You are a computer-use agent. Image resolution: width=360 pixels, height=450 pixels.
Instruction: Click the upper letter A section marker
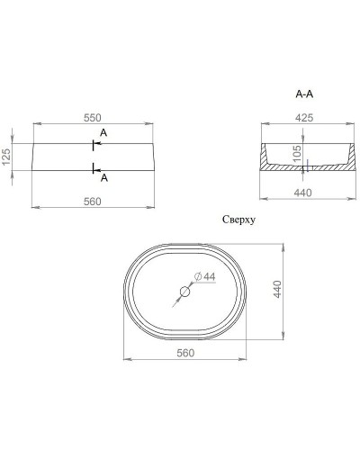click(104, 133)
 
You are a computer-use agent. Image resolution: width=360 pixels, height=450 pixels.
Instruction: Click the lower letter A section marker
click(104, 177)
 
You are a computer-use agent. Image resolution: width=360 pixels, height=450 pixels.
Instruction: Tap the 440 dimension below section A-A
click(303, 192)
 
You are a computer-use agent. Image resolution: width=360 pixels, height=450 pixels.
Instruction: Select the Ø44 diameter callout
click(205, 276)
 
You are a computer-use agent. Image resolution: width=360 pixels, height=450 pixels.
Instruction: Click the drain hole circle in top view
click(184, 292)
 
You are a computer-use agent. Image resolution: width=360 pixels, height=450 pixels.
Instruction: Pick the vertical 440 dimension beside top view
click(278, 290)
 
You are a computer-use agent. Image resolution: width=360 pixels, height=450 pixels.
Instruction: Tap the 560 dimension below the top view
click(184, 353)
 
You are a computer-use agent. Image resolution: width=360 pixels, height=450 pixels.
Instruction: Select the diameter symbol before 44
click(198, 276)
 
